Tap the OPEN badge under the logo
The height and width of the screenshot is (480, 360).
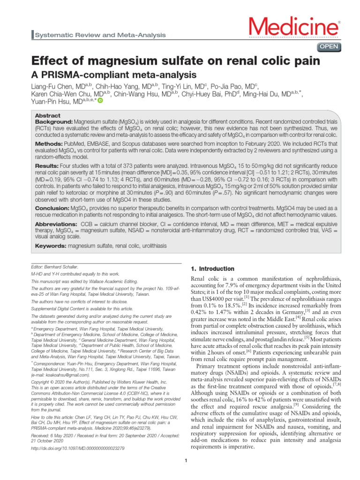point(330,46)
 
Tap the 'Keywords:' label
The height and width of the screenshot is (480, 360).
point(51,246)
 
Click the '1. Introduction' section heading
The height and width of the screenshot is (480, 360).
point(212,269)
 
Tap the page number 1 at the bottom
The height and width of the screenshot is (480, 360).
point(186,461)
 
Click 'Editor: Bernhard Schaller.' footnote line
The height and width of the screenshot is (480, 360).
point(54,266)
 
